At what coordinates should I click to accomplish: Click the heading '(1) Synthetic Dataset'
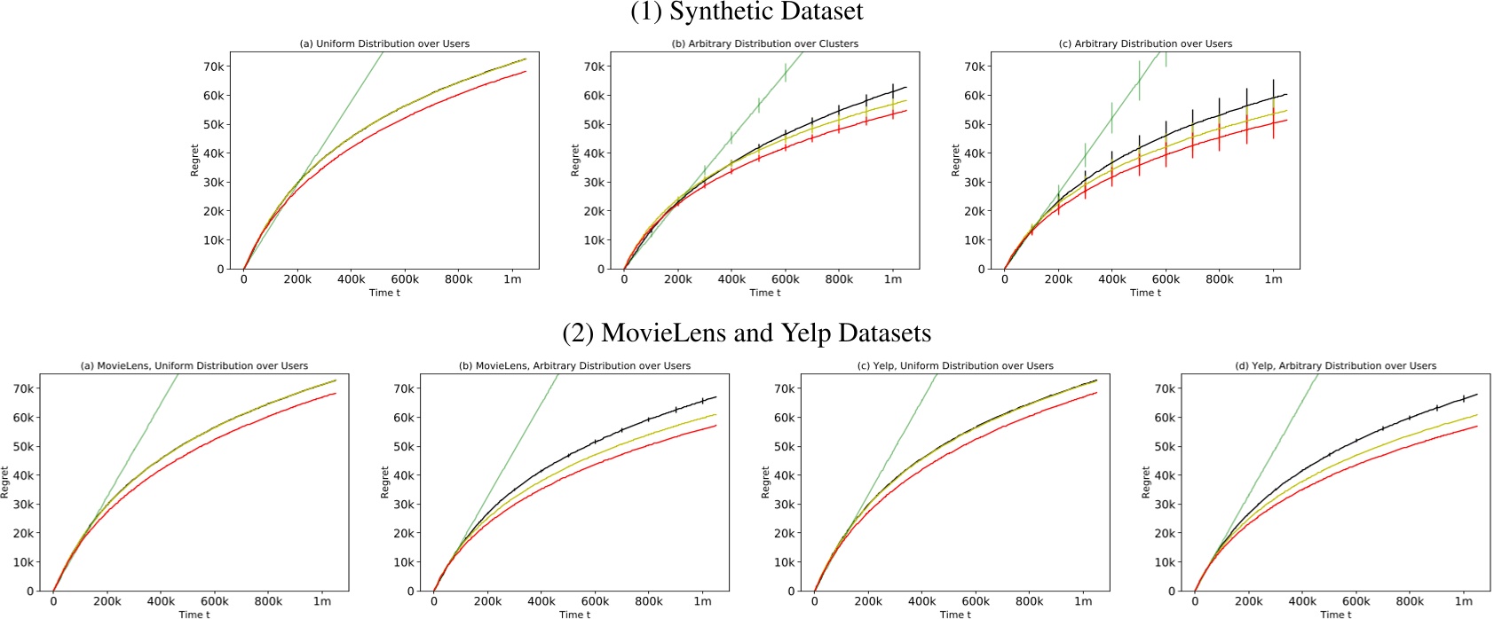click(x=746, y=12)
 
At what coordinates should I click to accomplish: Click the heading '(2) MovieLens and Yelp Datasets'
click(x=746, y=333)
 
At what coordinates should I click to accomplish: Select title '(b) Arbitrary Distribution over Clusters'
click(x=764, y=43)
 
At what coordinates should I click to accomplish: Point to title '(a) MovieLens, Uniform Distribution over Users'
click(x=194, y=365)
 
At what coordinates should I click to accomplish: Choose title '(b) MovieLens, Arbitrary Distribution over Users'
click(x=574, y=365)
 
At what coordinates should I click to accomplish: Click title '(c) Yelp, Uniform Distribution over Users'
click(x=955, y=365)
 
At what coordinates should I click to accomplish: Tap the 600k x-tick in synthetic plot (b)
click(x=785, y=279)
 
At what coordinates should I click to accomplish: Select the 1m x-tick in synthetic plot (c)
click(x=1273, y=279)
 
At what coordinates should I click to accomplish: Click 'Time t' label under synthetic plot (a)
click(x=384, y=293)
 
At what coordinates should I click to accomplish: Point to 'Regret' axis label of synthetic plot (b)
click(x=575, y=161)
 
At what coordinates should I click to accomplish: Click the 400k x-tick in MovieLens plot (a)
click(x=161, y=601)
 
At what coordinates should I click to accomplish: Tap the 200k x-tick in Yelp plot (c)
click(x=868, y=601)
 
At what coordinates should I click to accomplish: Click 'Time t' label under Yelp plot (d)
click(x=1335, y=614)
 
